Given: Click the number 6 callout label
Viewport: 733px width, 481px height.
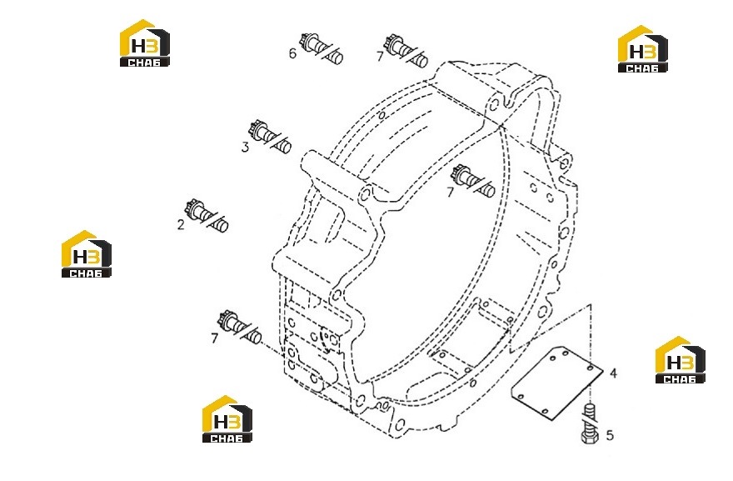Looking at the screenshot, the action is click(292, 53).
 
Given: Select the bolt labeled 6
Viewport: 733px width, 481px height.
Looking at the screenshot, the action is click(322, 48).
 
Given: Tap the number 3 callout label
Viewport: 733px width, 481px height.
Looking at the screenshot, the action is click(246, 148).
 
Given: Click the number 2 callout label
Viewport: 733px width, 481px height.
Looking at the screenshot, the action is click(181, 225).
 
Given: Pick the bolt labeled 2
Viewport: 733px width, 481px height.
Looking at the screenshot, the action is click(207, 216).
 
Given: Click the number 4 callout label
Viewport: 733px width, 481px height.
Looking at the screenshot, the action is click(613, 373).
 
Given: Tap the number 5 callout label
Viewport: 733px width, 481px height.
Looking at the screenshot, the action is click(610, 436).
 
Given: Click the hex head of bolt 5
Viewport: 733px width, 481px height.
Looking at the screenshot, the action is click(590, 438).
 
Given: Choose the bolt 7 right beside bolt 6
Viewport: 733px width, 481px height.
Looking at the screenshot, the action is click(406, 51).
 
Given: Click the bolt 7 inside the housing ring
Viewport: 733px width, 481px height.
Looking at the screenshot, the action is click(473, 181).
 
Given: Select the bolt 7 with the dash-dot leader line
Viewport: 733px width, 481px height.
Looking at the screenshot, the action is click(240, 327).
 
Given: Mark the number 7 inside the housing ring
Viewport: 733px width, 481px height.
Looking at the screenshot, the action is click(450, 193).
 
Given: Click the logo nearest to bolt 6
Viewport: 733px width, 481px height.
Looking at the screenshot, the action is click(145, 43).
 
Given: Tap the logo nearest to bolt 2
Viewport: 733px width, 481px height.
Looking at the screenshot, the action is click(87, 254).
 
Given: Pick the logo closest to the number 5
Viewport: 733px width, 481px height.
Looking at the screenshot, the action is click(681, 360).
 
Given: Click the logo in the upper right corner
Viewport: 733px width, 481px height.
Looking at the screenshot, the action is click(643, 48).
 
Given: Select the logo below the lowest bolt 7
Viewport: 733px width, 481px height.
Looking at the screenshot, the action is click(227, 418).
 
